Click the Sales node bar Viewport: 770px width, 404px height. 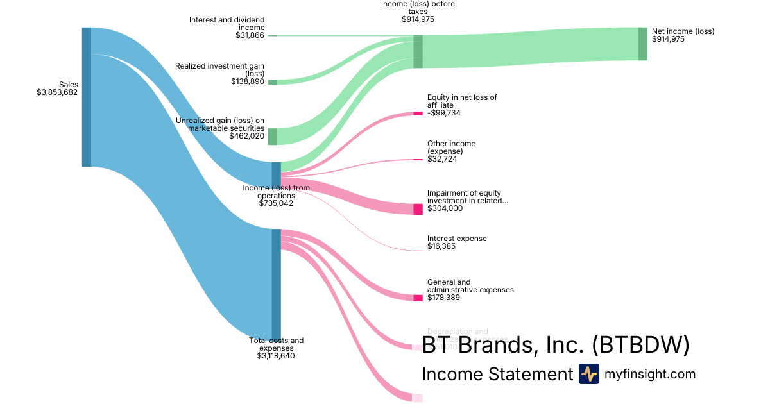87,97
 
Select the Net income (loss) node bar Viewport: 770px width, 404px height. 642,44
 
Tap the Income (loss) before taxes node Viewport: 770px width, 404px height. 418,51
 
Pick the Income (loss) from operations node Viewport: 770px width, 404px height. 276,174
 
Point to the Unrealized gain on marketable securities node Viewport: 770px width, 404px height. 273,137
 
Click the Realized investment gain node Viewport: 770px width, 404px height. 273,82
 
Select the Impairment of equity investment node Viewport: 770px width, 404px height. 418,209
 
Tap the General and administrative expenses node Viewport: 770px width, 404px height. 418,298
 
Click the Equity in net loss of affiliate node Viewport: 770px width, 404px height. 418,114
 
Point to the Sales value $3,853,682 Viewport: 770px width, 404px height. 57,92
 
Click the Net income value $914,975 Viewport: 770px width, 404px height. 668,39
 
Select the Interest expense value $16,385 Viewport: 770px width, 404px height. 441,246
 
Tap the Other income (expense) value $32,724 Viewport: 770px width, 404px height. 441,159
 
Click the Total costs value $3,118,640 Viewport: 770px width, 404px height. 276,356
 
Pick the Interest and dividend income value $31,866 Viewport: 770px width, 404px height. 250,35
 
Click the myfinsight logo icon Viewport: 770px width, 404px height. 588,374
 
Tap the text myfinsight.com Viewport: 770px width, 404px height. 650,374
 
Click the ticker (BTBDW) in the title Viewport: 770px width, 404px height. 640,344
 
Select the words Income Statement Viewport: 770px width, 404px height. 497,374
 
